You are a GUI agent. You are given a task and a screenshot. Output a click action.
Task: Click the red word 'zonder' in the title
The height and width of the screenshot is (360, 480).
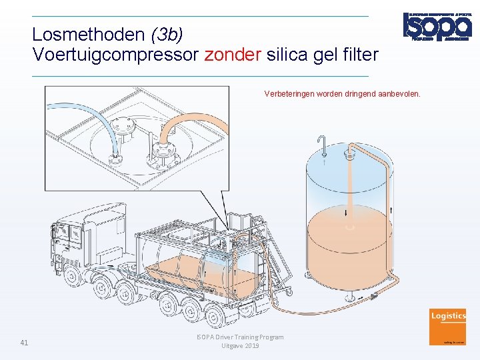pyautogui.click(x=233, y=55)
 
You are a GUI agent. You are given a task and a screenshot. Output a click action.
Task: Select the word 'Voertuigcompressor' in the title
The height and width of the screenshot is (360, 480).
pyautogui.click(x=116, y=55)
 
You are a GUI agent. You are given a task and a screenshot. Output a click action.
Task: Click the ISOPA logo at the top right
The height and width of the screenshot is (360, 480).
pyautogui.click(x=437, y=27)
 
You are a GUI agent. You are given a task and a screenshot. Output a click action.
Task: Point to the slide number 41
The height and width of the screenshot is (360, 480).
pyautogui.click(x=24, y=343)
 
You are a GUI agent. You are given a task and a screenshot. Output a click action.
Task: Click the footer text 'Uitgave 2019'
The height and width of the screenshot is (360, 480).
pyautogui.click(x=240, y=346)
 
